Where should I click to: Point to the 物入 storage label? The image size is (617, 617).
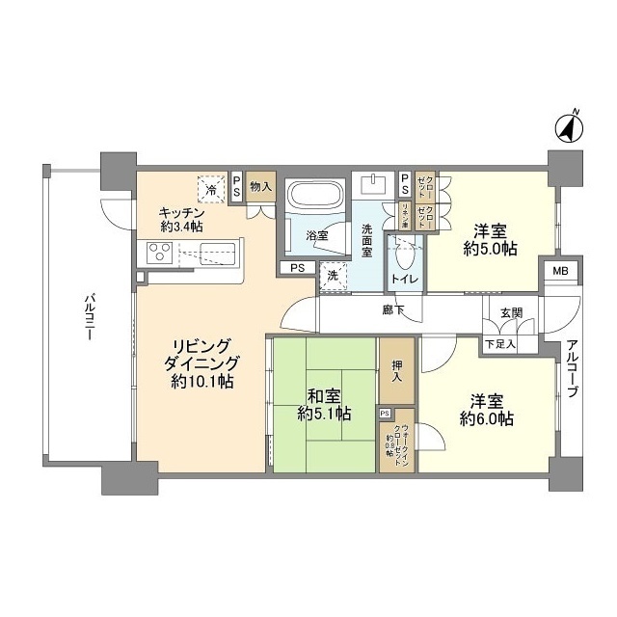pos(259,187)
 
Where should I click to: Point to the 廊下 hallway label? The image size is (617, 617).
pos(391,310)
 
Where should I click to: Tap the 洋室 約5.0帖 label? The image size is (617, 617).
pos(493,239)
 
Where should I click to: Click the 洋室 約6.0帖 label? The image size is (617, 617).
pos(487,409)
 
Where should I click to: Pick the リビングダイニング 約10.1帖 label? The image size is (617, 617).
pos(203,362)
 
